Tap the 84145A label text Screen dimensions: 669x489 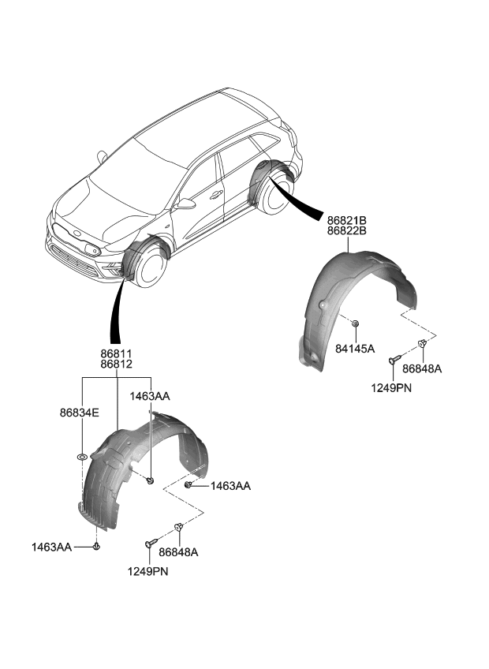pyautogui.click(x=355, y=348)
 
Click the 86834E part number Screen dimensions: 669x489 pyautogui.click(x=79, y=412)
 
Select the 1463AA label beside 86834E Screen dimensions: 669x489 pyautogui.click(x=150, y=396)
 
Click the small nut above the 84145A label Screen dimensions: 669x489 pyautogui.click(x=355, y=323)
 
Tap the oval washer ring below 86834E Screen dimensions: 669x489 pyautogui.click(x=82, y=457)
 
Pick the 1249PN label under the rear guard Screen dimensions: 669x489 pyautogui.click(x=392, y=388)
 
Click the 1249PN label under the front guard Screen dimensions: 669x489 pyautogui.click(x=149, y=570)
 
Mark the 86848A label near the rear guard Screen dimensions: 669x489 pyautogui.click(x=422, y=368)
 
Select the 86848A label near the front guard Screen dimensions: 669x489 pyautogui.click(x=178, y=552)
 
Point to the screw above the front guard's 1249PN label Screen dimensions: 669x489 pyautogui.click(x=149, y=544)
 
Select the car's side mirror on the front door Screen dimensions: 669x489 pyautogui.click(x=186, y=204)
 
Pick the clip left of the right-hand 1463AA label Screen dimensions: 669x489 pyautogui.click(x=189, y=486)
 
